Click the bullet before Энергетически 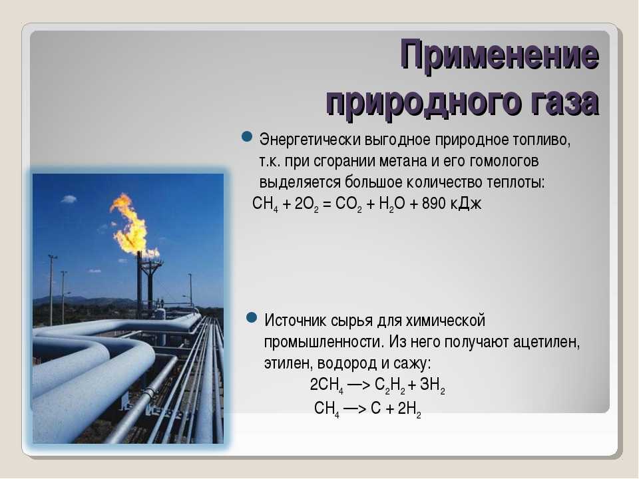click(247, 136)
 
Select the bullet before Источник click(252, 317)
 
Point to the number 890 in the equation click(433, 204)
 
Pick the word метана click(403, 161)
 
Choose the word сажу click(412, 363)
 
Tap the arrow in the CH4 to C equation click(355, 408)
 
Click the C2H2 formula click(390, 386)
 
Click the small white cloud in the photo click(69, 199)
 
